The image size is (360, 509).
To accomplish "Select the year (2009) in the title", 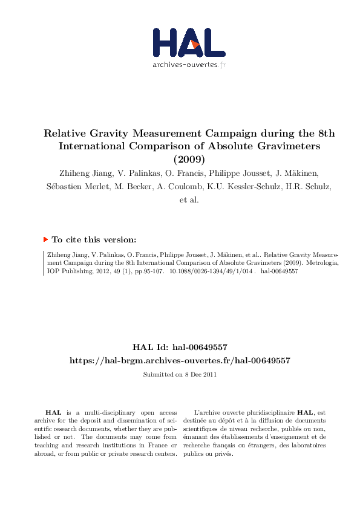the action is coord(189,160).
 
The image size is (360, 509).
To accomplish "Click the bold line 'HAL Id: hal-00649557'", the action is coord(180,347).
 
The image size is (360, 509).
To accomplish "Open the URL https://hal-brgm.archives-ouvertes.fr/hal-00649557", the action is coord(180,360).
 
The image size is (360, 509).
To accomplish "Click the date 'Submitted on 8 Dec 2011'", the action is coord(180,375).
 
